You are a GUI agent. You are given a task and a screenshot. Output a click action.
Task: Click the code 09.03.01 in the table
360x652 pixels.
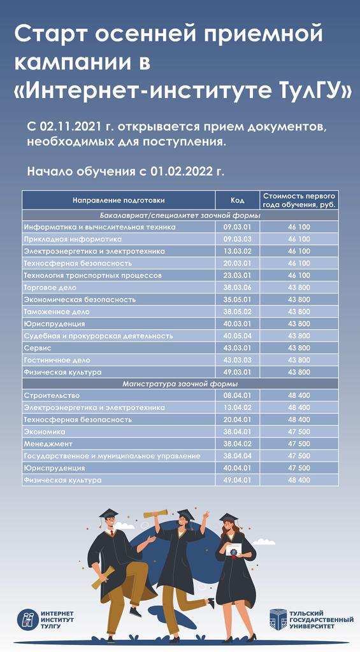pos(237,227)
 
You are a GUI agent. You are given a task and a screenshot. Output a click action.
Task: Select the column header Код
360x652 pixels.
pos(237,200)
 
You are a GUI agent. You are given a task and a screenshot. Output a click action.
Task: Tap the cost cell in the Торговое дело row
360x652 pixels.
pos(299,288)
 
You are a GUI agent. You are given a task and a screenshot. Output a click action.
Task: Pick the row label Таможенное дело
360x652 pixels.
pos(57,312)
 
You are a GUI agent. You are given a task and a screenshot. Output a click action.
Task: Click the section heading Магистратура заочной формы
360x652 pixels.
pos(180,384)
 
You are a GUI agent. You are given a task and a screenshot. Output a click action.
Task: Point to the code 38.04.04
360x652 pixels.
pos(237,456)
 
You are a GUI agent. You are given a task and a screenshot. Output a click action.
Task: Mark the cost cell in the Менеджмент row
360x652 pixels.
pos(299,444)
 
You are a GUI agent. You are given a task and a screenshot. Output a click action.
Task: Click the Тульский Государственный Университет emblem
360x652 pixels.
pos(278,619)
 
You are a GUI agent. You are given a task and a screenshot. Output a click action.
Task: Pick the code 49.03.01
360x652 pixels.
pos(237,372)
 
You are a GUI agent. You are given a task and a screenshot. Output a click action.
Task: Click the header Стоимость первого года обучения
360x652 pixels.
pos(299,200)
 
